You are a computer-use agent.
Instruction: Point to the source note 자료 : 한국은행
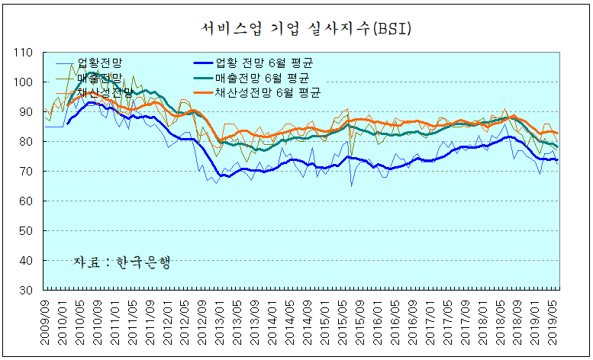point(121,262)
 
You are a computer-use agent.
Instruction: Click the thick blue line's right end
point(557,159)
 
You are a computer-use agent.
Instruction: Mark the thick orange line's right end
point(557,133)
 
